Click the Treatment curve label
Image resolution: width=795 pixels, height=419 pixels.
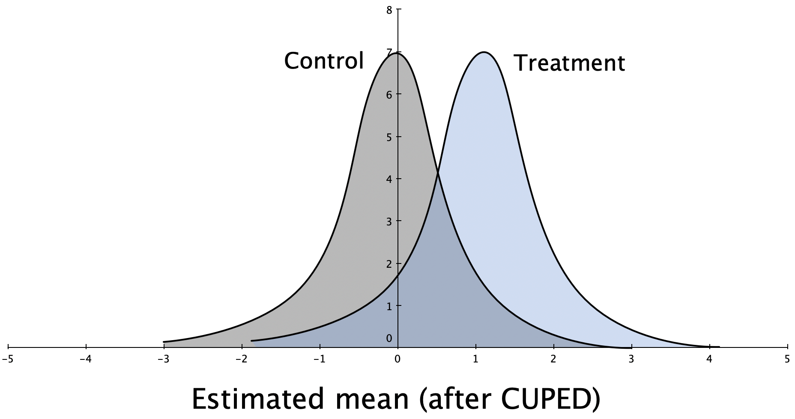click(569, 63)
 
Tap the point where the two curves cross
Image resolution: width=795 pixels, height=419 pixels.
click(438, 172)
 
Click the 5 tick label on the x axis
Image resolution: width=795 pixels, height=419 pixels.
click(787, 359)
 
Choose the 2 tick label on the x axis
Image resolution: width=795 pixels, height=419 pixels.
click(553, 359)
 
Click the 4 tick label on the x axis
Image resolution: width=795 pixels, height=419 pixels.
click(709, 359)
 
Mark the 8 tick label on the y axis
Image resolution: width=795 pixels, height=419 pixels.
click(389, 10)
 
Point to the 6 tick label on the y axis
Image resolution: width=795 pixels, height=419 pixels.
click(389, 95)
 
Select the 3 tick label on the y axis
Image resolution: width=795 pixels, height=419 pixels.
click(389, 222)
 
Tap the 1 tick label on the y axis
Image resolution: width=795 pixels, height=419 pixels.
click(389, 307)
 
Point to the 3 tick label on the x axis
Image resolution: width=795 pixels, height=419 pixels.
click(631, 359)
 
